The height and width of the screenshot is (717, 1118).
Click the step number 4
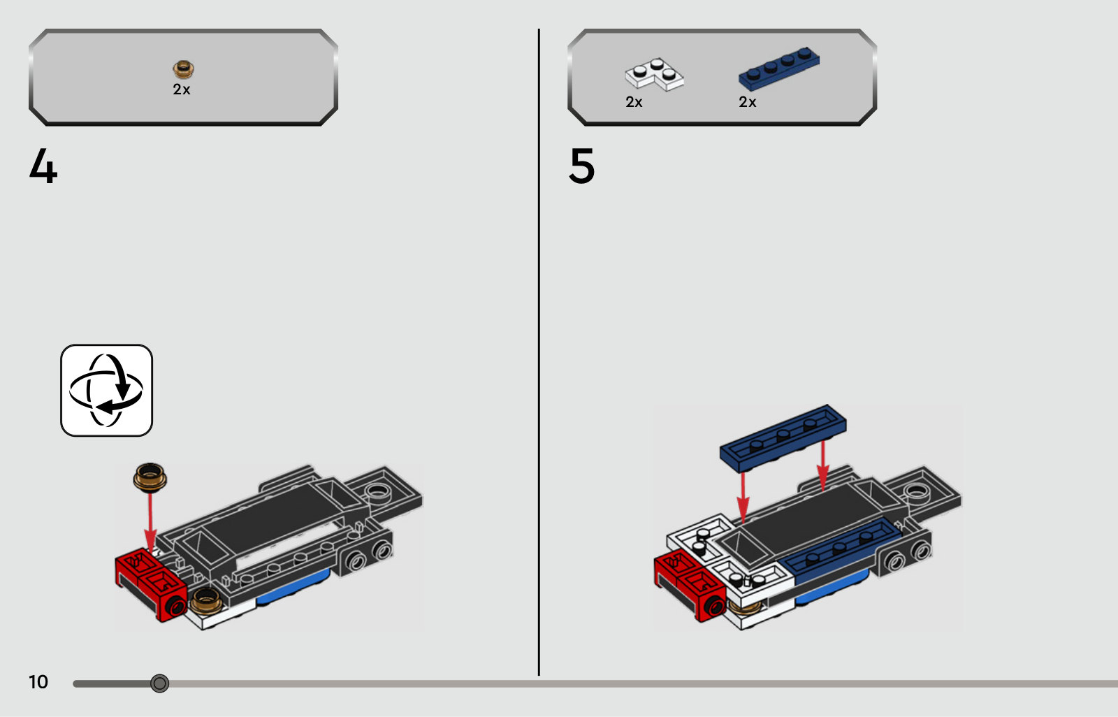[x=43, y=166]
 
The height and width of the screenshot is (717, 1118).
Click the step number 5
[x=581, y=166]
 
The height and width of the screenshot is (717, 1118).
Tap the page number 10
[x=38, y=682]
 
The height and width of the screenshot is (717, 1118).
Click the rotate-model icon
[x=106, y=390]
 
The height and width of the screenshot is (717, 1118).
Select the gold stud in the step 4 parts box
[x=184, y=69]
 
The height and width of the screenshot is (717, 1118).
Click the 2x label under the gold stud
[x=182, y=89]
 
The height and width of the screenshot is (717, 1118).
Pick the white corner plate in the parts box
[x=654, y=75]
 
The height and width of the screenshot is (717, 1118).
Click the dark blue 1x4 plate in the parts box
[x=778, y=69]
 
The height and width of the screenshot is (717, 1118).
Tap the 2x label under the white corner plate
[x=634, y=102]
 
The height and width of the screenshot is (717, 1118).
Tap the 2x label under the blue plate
[x=747, y=102]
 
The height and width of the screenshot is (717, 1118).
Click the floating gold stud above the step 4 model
[x=150, y=477]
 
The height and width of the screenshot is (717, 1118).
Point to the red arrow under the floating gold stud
[x=150, y=522]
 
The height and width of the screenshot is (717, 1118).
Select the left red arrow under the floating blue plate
[x=743, y=498]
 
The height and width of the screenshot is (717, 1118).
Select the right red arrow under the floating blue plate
[x=823, y=465]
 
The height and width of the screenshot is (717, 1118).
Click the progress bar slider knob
[x=160, y=683]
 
